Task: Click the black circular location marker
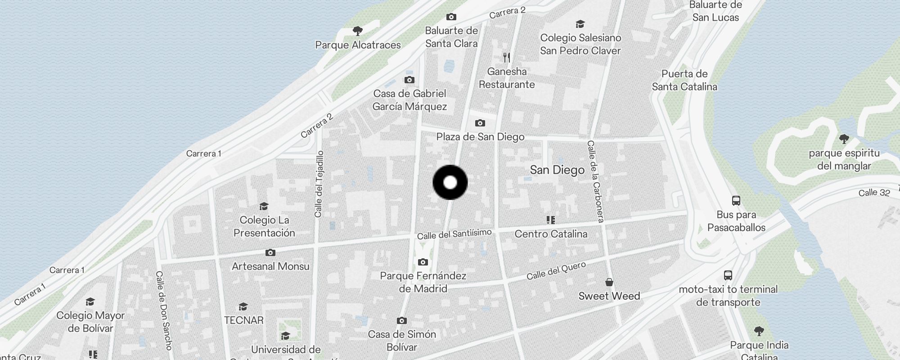click(450, 182)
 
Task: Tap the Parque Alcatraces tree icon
click(358, 31)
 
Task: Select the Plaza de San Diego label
click(480, 137)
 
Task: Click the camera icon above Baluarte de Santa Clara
click(451, 17)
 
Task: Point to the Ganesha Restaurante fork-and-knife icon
click(507, 58)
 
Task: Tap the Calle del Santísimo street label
click(454, 234)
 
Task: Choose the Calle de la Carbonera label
click(595, 181)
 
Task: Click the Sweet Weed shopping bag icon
click(609, 282)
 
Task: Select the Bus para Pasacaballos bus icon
click(736, 201)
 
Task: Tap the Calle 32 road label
click(874, 193)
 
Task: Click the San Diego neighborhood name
click(557, 170)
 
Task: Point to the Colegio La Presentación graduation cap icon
click(264, 206)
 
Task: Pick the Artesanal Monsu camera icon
click(270, 253)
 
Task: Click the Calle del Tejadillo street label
click(319, 184)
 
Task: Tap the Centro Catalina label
click(551, 234)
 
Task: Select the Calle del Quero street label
click(556, 270)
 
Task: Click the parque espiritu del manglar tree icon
click(844, 139)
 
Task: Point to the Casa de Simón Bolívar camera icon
click(402, 321)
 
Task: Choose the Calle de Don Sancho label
click(164, 310)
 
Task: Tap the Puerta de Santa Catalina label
click(684, 80)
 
